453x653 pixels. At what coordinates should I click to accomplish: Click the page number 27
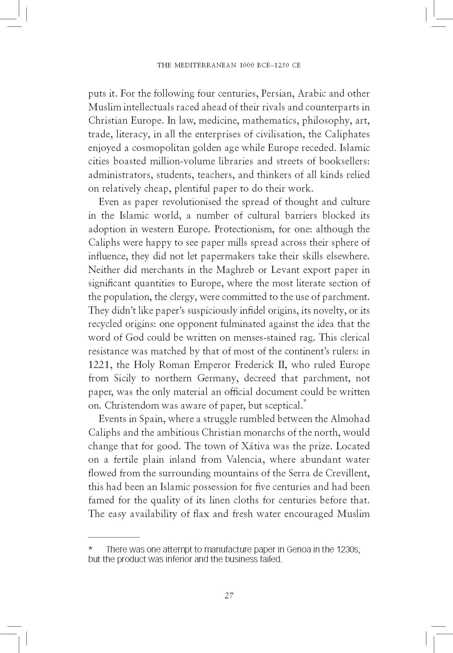point(229,595)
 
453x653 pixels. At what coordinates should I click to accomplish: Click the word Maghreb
point(233,270)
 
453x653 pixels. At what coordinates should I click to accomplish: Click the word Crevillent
point(347,473)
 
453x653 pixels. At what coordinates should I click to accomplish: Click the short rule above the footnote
point(113,537)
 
